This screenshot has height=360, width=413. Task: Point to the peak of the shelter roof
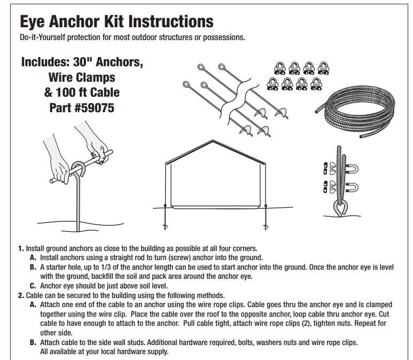tap(213, 140)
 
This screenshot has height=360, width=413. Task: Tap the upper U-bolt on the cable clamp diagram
tap(353, 169)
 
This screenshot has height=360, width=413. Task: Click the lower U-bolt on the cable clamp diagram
tap(353, 187)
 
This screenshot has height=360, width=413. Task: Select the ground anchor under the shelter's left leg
tap(165, 217)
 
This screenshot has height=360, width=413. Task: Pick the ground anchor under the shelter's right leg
tap(266, 217)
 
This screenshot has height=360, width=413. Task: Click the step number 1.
tap(21, 248)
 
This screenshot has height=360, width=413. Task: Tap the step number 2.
tap(21, 295)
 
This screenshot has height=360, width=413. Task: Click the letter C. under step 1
tap(33, 286)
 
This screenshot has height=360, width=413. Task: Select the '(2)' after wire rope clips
tap(306, 324)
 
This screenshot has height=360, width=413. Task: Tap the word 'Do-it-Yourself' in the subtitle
tap(42, 37)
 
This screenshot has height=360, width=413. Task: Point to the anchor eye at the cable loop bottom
tap(341, 207)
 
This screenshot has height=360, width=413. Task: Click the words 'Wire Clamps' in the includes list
tap(82, 77)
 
